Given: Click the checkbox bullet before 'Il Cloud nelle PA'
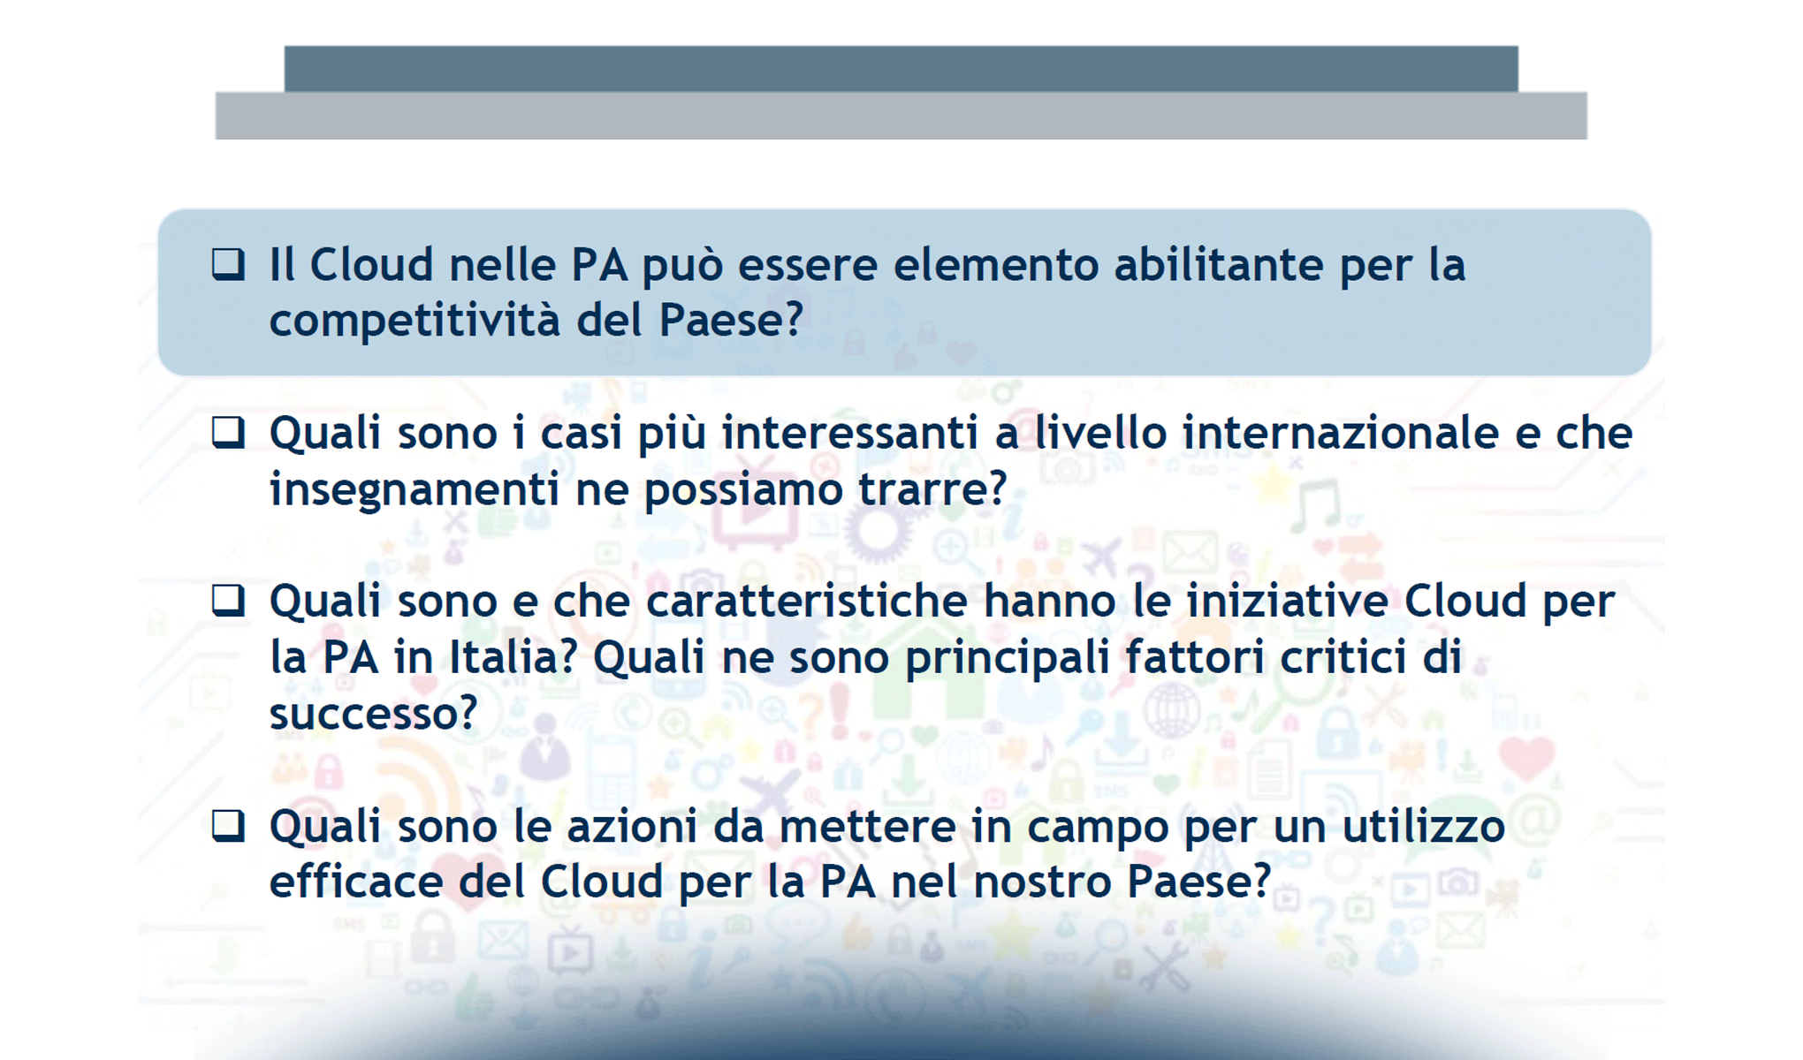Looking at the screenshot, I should [x=228, y=264].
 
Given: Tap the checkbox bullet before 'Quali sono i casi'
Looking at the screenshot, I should [x=228, y=432].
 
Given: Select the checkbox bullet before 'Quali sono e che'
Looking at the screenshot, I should [x=228, y=601].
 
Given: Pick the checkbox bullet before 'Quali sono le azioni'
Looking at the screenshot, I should [x=228, y=826].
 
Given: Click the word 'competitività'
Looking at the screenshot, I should [x=415, y=320].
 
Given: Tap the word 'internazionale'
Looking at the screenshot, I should [x=1341, y=433].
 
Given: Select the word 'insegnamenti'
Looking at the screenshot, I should [x=415, y=488].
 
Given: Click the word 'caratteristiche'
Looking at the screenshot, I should [x=807, y=602].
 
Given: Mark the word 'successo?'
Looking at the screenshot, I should [x=373, y=713].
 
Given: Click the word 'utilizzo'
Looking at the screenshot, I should [x=1424, y=827].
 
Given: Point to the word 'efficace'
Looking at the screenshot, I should [x=355, y=882].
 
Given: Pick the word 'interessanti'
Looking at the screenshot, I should [x=849, y=433].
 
